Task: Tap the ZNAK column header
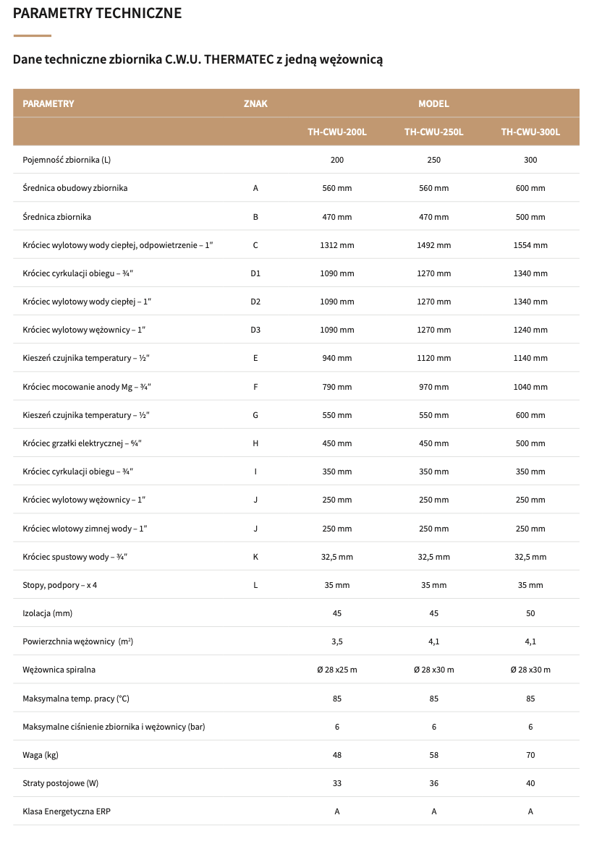tap(255, 103)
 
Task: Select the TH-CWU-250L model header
tap(433, 132)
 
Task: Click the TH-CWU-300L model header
tap(530, 132)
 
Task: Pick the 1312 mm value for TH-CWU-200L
tap(337, 245)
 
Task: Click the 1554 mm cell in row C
tap(530, 245)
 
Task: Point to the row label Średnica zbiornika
tap(57, 217)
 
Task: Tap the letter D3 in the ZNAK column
tap(255, 330)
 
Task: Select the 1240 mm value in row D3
tap(530, 330)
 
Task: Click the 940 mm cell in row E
tap(337, 358)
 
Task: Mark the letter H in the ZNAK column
tap(255, 443)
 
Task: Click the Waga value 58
tap(433, 755)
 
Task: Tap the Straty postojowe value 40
tap(530, 783)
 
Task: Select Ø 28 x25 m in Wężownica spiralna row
tap(337, 670)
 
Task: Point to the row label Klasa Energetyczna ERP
tap(67, 811)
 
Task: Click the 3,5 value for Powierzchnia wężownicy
tap(337, 641)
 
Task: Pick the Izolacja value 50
tap(530, 613)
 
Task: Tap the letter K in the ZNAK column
tap(255, 557)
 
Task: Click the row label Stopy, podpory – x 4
tap(60, 585)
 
